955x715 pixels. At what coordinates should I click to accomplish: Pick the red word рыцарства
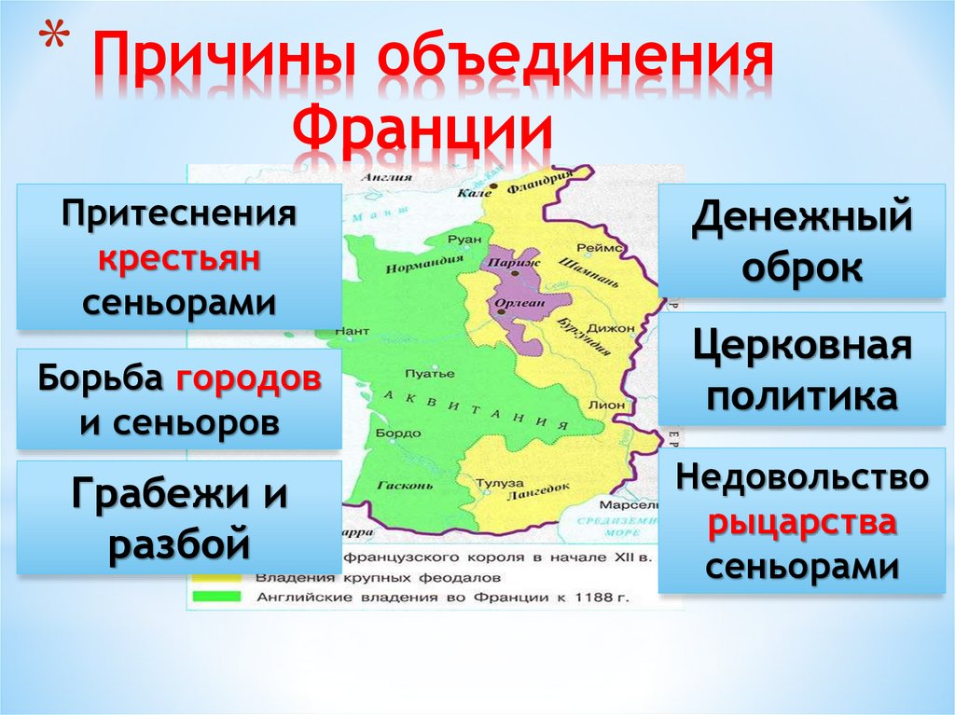(x=802, y=522)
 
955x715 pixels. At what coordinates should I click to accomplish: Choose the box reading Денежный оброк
(x=802, y=241)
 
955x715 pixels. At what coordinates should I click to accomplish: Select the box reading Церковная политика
(x=802, y=369)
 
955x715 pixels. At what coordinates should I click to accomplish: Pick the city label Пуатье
(x=436, y=374)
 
